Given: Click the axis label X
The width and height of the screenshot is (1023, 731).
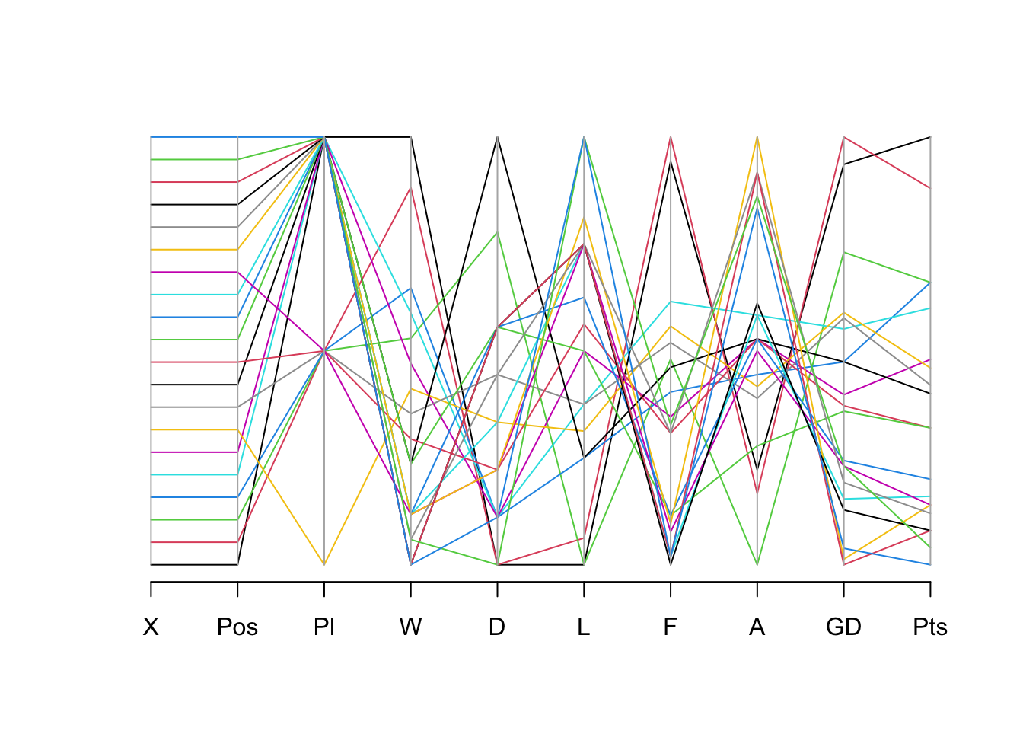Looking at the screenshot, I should (x=151, y=627).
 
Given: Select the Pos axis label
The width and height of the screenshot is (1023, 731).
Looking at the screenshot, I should (x=237, y=627).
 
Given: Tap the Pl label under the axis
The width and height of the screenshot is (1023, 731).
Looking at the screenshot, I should (x=324, y=627).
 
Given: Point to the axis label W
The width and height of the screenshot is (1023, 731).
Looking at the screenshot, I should (x=411, y=627).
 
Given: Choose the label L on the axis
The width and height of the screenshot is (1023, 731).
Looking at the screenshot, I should (x=584, y=627).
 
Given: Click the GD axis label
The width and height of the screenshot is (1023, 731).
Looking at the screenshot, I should (x=843, y=627).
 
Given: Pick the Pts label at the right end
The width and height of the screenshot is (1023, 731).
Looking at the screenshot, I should (x=930, y=627).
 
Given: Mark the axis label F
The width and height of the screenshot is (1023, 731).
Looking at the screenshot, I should (x=671, y=627).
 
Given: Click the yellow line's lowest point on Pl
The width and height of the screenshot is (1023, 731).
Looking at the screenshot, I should (x=324, y=564).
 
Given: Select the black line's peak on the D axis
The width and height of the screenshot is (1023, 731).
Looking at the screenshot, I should (x=498, y=137).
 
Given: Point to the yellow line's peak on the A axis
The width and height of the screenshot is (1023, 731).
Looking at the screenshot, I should (x=757, y=137).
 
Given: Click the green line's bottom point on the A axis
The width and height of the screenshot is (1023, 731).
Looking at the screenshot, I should (x=757, y=564).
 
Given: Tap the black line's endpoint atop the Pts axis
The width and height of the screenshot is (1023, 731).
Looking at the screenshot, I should (x=930, y=137).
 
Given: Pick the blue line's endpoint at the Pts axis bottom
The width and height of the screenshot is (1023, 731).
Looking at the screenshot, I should (x=930, y=564).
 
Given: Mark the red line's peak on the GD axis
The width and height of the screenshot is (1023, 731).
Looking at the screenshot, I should (x=843, y=137).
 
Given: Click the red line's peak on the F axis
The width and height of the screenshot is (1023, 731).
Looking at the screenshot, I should (x=671, y=137).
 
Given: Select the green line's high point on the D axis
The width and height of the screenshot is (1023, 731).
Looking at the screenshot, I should (x=498, y=232).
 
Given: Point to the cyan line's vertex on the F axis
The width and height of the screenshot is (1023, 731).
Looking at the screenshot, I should (x=671, y=302).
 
